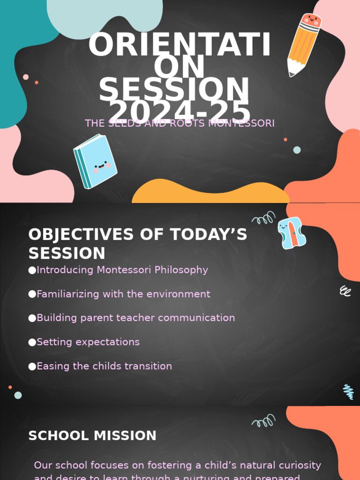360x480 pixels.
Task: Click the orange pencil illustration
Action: [303, 45]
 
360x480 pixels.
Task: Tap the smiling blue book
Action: [96, 161]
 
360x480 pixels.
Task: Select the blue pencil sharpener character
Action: [292, 233]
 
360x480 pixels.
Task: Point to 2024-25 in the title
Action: [180, 112]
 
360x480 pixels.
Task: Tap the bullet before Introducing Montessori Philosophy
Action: [32, 270]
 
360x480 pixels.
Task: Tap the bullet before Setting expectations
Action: [32, 342]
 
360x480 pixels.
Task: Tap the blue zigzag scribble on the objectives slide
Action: [348, 391]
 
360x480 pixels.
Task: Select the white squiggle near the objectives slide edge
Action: [345, 291]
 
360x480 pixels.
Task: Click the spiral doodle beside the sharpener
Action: [263, 218]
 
